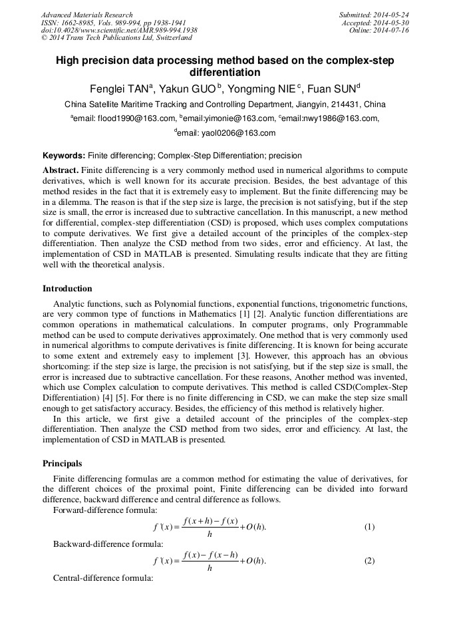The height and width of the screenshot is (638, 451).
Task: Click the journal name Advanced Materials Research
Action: [87, 15]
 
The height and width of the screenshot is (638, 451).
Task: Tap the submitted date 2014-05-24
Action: [392, 15]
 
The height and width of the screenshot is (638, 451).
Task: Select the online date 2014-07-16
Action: [392, 31]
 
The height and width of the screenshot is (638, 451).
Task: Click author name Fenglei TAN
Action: [120, 88]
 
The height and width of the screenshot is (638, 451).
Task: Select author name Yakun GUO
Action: [188, 88]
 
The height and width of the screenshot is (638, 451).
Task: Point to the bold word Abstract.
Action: [61, 170]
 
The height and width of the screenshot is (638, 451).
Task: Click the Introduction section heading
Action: [68, 289]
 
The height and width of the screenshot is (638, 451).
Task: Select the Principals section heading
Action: [63, 464]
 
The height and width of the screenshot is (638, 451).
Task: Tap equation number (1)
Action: [369, 527]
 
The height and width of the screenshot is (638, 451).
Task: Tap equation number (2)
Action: [369, 561]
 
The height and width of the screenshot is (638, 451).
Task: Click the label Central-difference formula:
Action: [103, 578]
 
